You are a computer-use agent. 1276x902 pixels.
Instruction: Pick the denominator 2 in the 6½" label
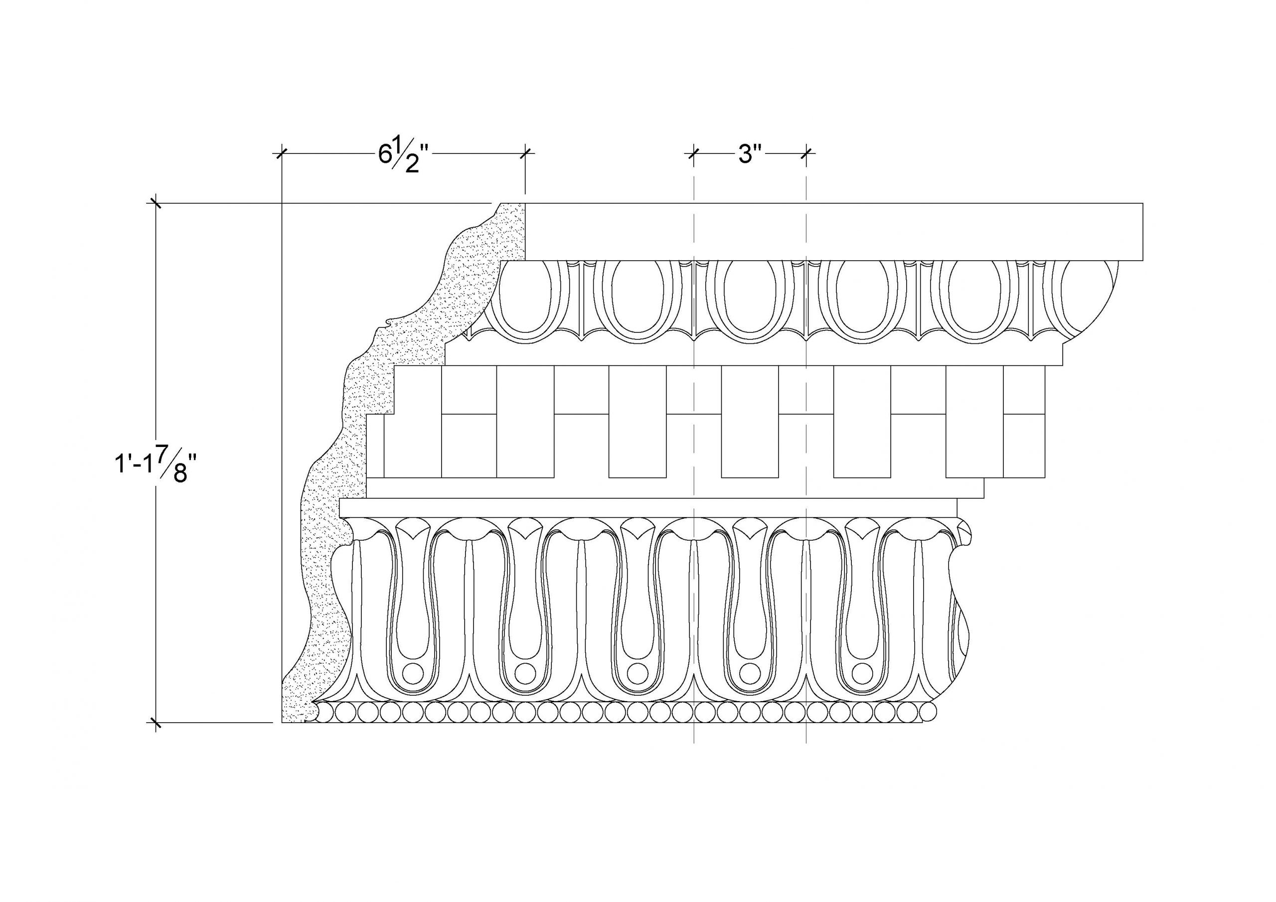pyautogui.click(x=411, y=165)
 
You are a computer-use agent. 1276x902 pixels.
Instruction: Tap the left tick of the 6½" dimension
pyautogui.click(x=282, y=153)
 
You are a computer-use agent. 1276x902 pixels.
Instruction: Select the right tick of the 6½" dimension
pyautogui.click(x=526, y=153)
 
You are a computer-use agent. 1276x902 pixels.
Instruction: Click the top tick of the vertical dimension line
pyautogui.click(x=155, y=203)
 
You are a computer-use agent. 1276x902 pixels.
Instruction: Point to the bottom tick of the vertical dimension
pyautogui.click(x=155, y=723)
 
